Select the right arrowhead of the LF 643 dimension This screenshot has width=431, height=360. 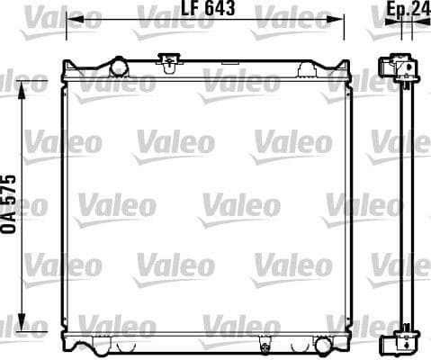tap(342, 18)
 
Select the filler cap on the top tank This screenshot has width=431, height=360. tap(166, 61)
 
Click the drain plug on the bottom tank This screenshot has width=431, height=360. tap(264, 345)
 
